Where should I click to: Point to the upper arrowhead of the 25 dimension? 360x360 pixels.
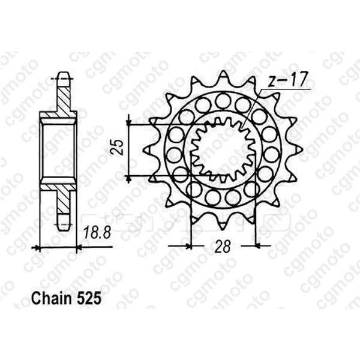tap(129, 122)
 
